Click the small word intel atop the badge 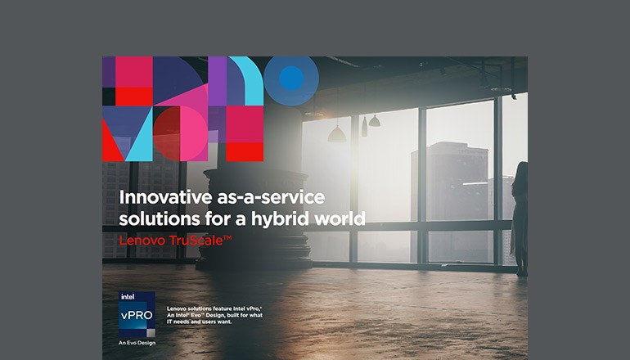point(127,296)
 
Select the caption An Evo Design point(137,342)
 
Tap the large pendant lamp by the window point(336,133)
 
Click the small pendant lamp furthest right point(374,121)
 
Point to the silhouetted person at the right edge point(520,217)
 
